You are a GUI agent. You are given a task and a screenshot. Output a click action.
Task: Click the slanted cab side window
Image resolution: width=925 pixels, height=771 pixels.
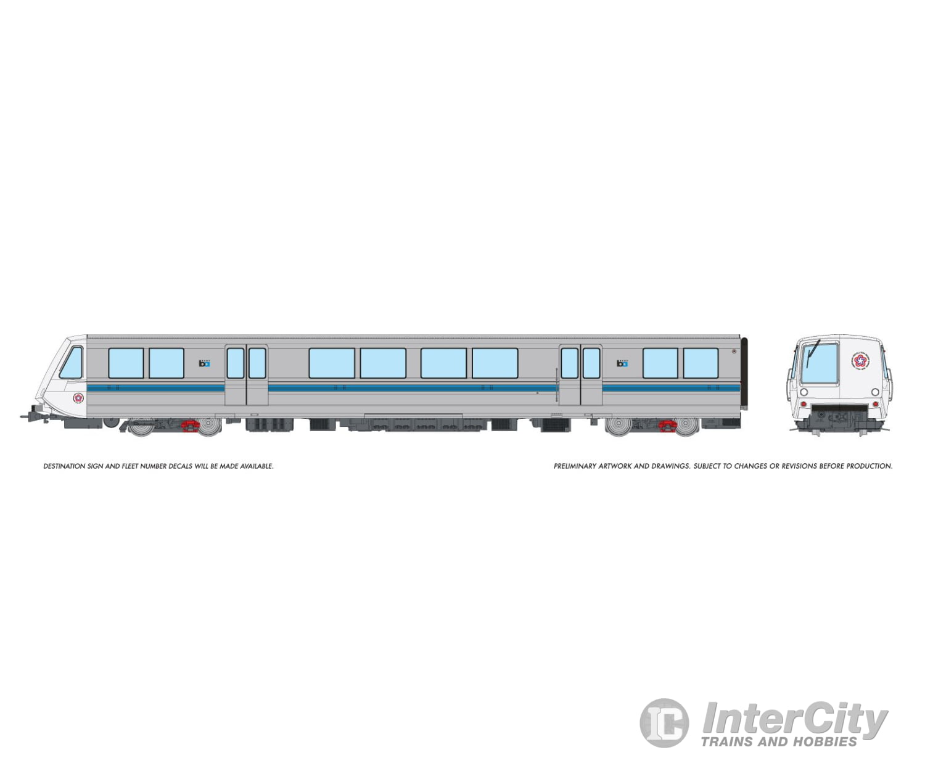tap(72, 363)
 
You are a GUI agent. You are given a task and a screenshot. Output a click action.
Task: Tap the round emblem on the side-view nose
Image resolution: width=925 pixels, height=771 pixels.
tap(78, 398)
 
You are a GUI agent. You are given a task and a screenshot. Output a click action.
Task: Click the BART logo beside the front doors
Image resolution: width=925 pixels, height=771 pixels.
tap(205, 363)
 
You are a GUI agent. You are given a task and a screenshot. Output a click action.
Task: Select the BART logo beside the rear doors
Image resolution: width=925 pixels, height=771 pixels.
tap(622, 363)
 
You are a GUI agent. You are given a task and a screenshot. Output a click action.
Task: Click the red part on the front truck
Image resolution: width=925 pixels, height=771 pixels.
tap(190, 425)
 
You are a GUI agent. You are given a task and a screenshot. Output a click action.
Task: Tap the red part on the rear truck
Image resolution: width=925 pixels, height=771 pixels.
tap(667, 425)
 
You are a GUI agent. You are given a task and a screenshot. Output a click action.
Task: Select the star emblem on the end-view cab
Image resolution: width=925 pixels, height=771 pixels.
tap(860, 361)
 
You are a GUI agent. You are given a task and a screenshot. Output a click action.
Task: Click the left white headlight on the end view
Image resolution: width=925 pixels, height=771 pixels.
tap(804, 392)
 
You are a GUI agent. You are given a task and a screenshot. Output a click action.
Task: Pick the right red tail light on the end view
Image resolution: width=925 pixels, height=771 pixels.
tap(876, 404)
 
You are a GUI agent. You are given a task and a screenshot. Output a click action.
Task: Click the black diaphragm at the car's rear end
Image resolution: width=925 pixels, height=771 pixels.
tap(744, 373)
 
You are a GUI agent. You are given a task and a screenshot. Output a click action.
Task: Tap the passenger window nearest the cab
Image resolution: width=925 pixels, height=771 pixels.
tap(126, 363)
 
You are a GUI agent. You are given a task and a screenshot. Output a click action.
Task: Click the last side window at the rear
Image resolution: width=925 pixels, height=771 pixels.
tap(701, 363)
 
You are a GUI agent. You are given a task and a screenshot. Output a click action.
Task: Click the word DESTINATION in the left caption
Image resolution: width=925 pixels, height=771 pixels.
tap(64, 466)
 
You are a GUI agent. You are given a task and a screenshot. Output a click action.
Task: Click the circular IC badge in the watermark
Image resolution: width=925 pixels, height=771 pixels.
tap(664, 723)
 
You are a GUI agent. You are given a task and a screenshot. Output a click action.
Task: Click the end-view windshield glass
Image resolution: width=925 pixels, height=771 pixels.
tap(821, 364)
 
